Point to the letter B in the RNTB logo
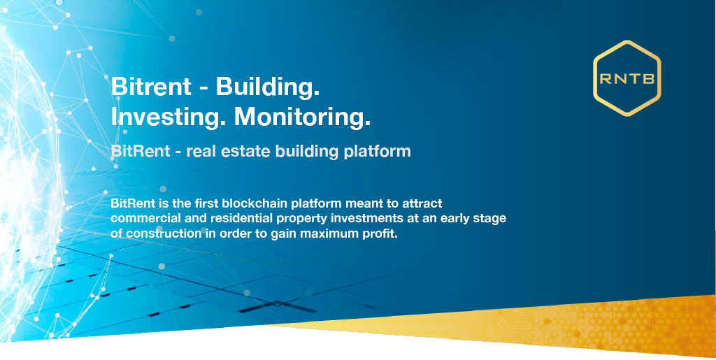(x=650, y=79)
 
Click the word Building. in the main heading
(x=267, y=87)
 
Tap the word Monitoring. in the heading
(x=302, y=117)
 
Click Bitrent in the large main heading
(x=151, y=87)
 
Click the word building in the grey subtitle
(x=306, y=152)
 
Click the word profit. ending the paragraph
(x=380, y=235)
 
